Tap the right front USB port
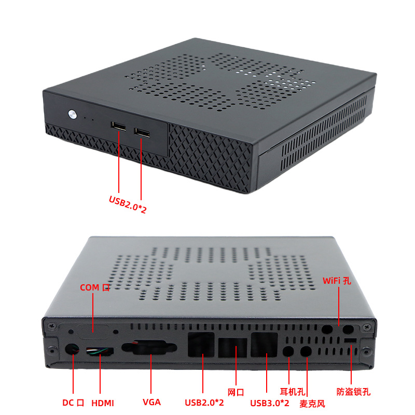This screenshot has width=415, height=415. pyautogui.click(x=142, y=132)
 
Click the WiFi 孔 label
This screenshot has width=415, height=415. pyautogui.click(x=337, y=281)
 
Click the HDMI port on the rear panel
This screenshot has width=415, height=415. pyautogui.click(x=100, y=351)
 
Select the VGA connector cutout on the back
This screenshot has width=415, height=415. pyautogui.click(x=150, y=348)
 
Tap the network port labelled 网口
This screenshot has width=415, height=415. pyautogui.click(x=235, y=348)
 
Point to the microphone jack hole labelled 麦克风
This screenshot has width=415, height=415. pyautogui.click(x=307, y=351)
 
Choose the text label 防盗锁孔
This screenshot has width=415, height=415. pyautogui.click(x=353, y=392)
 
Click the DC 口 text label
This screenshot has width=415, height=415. pyautogui.click(x=73, y=403)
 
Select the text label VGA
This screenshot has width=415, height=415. pyautogui.click(x=151, y=402)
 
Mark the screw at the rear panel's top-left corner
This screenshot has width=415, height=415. pyautogui.click(x=51, y=326)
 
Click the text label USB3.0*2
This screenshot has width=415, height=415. pyautogui.click(x=270, y=403)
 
